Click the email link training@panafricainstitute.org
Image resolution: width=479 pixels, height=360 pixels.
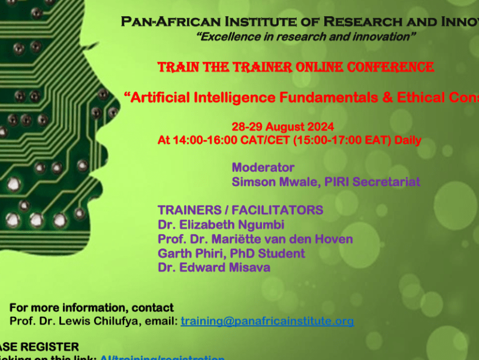267,321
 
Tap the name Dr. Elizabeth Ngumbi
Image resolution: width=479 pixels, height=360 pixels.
221,225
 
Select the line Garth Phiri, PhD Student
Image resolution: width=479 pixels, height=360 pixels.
231,253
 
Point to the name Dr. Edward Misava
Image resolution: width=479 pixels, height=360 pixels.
214,268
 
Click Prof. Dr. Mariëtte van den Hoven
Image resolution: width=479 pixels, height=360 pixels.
255,239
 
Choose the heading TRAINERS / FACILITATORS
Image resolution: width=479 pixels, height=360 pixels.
240,210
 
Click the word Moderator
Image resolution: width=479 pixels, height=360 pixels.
263,167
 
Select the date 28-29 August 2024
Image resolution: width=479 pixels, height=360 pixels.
283,127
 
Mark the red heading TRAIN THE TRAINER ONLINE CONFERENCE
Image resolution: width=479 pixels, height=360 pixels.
296,67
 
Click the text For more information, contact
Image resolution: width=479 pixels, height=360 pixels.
92,308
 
